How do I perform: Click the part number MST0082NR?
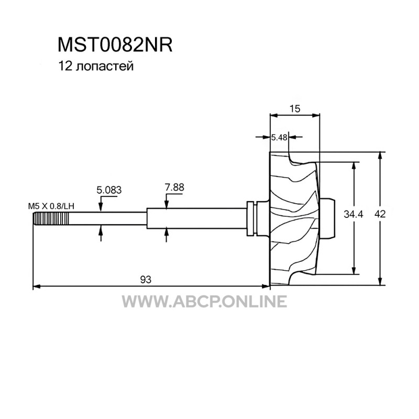(115, 45)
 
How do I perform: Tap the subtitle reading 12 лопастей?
(96, 67)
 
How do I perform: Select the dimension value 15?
(295, 109)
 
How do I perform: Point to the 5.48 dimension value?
(279, 137)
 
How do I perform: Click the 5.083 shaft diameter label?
(109, 190)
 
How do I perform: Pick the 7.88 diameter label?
(174, 188)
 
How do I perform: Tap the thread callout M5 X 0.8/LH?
(51, 206)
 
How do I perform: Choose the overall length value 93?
(146, 280)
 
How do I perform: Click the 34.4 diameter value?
(353, 214)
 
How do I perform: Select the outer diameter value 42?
(380, 214)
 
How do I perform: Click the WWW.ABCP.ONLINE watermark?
(204, 302)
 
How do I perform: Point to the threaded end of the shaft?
(51, 218)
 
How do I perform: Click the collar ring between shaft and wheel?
(251, 218)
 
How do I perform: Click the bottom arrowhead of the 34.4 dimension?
(354, 270)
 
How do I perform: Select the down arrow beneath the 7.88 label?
(166, 204)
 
